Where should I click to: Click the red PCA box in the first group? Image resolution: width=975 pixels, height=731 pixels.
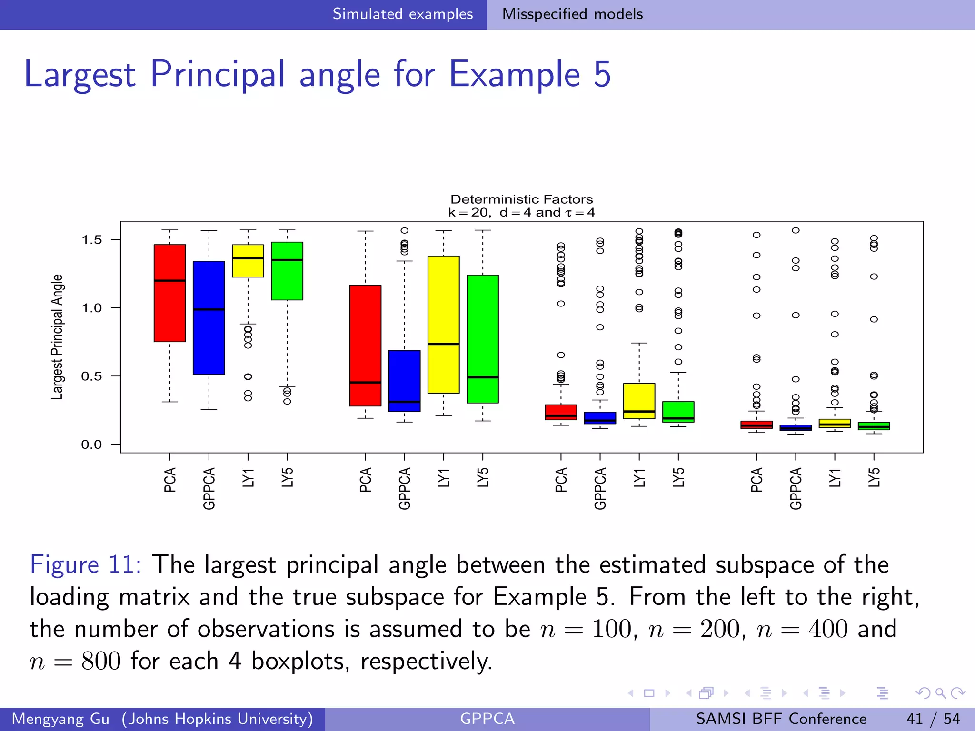[169, 305]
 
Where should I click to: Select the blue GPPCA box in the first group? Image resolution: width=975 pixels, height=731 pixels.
[209, 333]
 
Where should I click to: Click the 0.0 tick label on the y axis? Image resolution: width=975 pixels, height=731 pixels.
[91, 445]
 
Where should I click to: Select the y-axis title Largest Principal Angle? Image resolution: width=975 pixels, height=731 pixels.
[57, 337]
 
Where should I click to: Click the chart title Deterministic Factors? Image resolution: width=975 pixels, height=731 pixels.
[521, 199]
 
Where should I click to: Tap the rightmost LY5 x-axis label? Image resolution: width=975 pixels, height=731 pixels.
[874, 477]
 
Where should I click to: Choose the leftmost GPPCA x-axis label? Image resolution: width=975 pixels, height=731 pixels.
[209, 488]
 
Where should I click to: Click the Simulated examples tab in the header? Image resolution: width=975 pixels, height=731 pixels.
[402, 14]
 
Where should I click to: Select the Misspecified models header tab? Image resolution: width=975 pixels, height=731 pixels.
[572, 14]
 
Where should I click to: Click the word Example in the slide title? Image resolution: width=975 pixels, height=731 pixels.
[514, 75]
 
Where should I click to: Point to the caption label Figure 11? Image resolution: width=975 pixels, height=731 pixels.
[85, 565]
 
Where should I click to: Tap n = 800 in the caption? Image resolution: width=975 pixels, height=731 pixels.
[75, 661]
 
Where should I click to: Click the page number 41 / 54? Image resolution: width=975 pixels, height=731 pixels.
[933, 719]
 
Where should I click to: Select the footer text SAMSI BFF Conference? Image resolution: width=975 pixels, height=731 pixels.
[781, 719]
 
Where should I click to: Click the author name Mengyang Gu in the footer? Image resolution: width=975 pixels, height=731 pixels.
[60, 719]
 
